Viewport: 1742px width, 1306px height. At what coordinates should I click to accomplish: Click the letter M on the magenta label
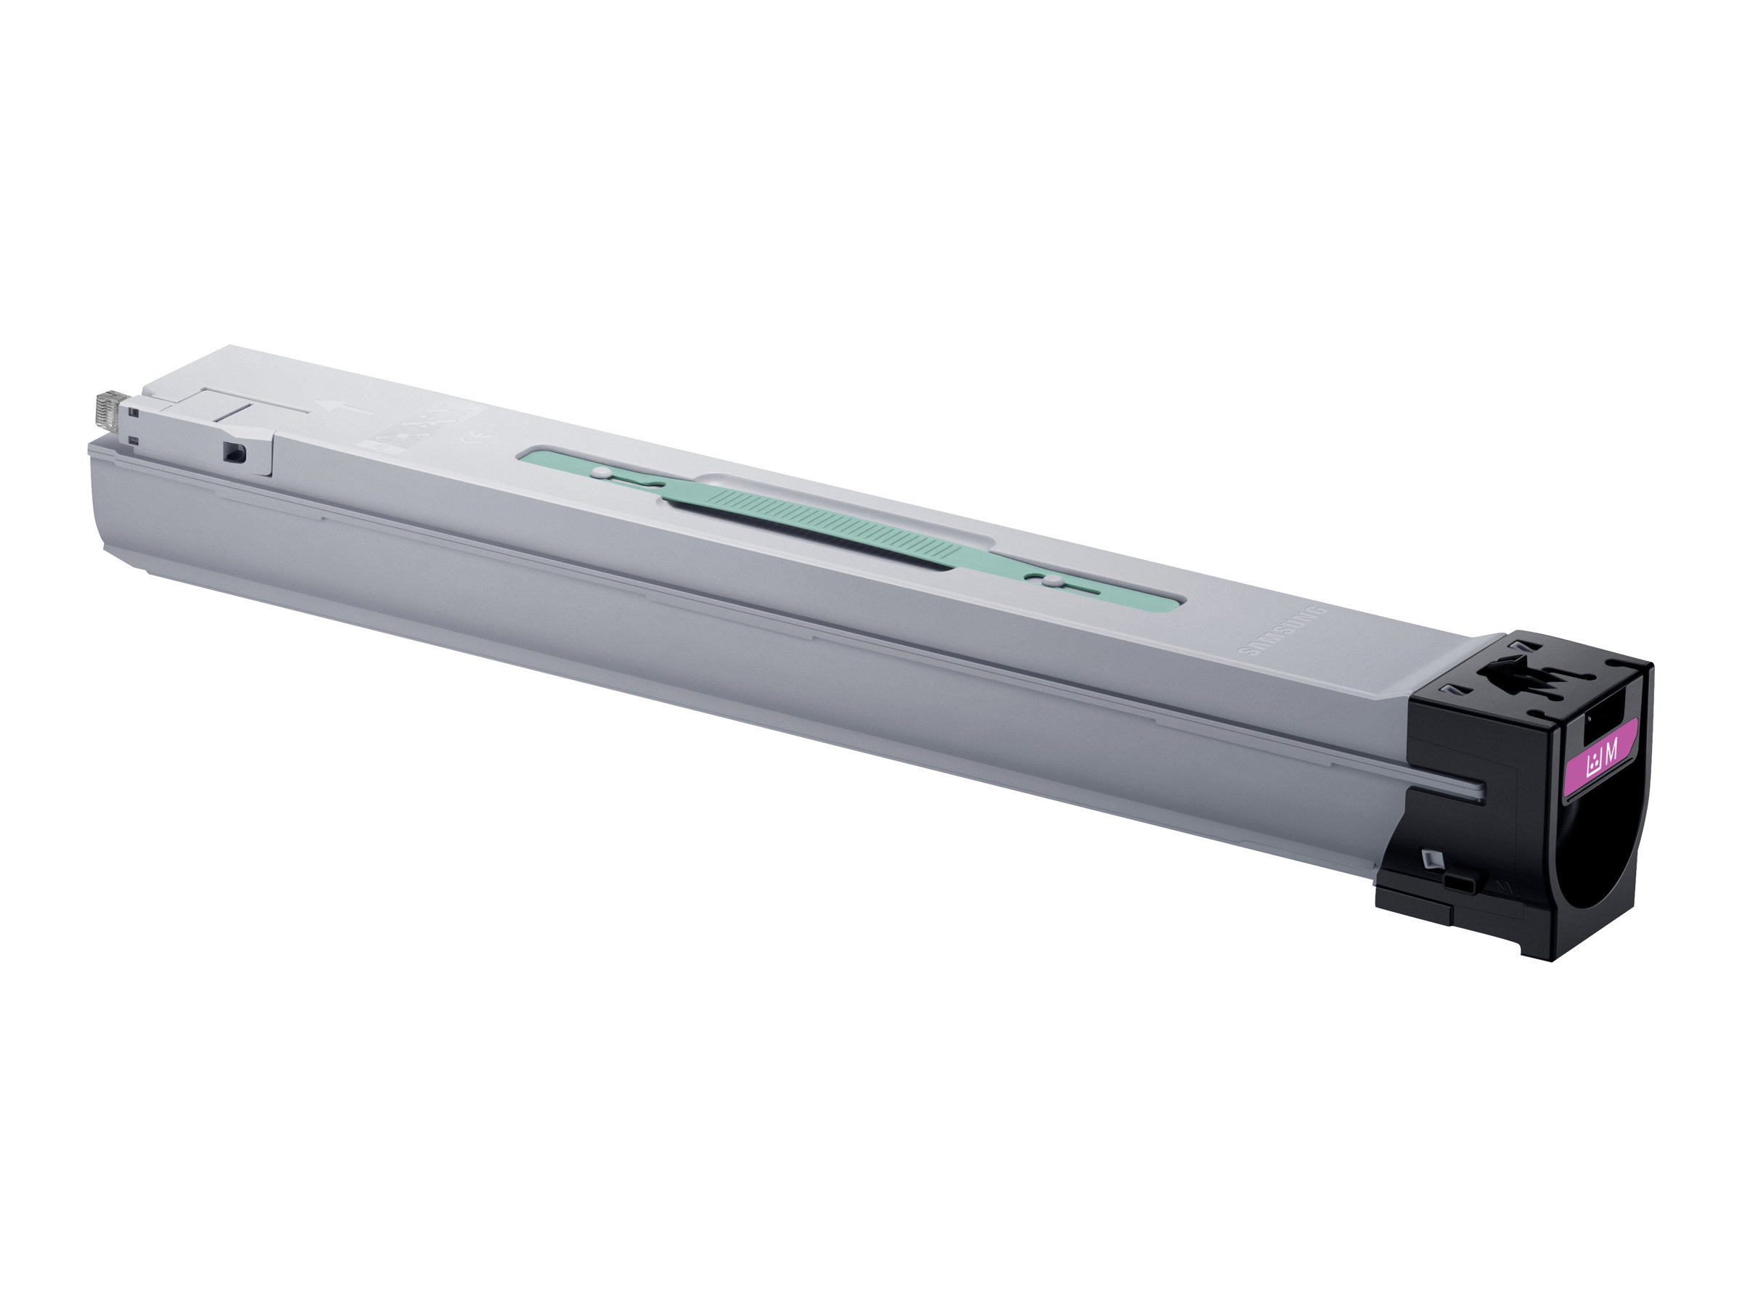tap(1611, 752)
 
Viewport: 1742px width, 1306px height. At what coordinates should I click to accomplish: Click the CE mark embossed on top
tap(481, 435)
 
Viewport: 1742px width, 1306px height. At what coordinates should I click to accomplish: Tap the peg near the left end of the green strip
tap(601, 474)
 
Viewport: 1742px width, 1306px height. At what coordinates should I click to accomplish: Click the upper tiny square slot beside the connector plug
tap(135, 411)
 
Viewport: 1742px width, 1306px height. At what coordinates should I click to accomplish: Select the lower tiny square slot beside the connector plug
tap(135, 439)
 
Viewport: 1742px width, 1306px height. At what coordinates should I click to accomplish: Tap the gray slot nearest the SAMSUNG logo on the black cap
tap(1446, 688)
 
